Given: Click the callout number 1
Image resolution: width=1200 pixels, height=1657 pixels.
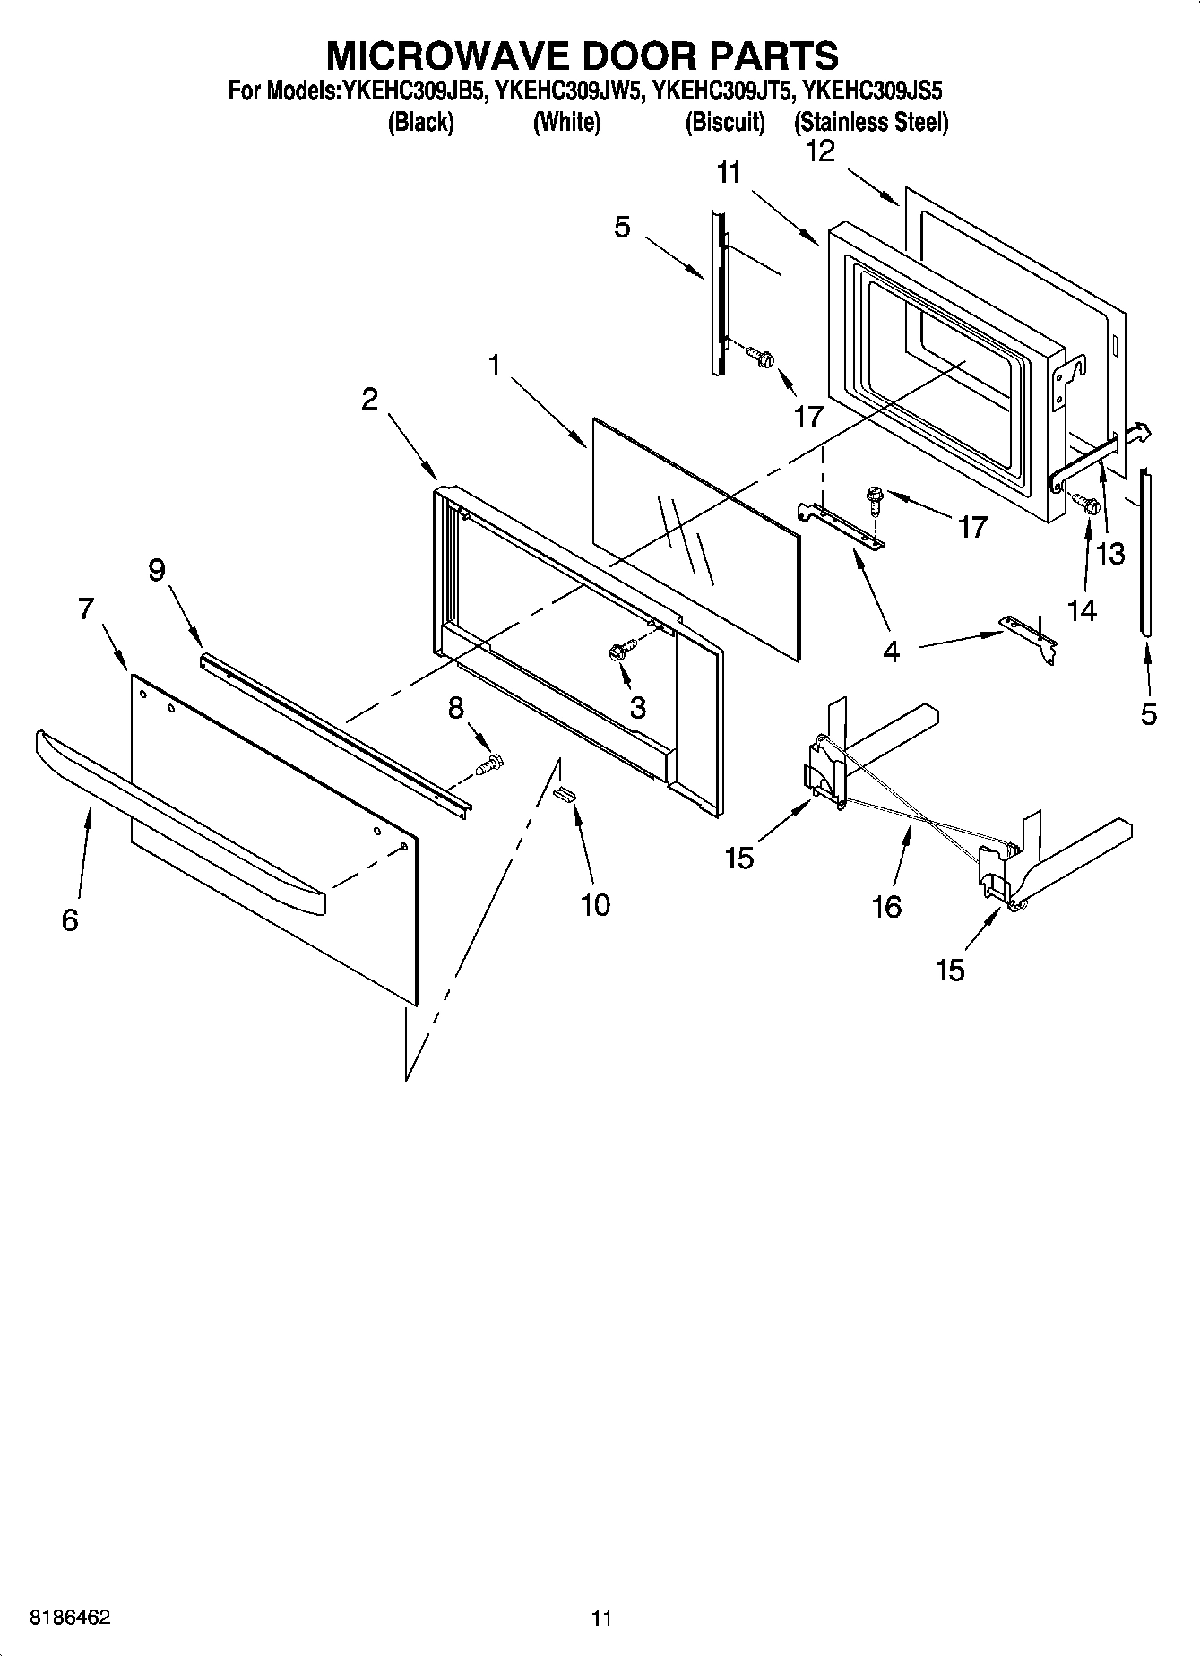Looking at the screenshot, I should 493,365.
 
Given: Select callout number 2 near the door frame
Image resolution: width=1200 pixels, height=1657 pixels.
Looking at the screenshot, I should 369,400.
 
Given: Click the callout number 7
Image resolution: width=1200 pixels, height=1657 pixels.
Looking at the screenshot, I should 85,608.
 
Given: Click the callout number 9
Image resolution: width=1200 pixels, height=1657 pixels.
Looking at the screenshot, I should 157,569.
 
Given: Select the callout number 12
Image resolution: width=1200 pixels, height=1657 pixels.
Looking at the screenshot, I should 820,151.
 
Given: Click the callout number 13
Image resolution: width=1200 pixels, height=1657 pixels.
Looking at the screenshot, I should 1110,554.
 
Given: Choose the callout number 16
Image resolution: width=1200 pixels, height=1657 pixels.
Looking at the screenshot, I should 886,907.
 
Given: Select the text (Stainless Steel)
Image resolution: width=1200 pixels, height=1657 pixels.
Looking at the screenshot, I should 870,123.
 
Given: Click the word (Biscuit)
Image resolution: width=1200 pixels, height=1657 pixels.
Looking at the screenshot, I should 725,123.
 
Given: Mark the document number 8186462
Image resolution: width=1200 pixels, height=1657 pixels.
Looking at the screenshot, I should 70,1618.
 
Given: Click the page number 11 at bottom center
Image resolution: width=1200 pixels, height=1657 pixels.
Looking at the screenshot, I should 600,1618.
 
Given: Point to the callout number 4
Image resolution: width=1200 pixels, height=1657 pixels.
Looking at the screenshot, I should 890,652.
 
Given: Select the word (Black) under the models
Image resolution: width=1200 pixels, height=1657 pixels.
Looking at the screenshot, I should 420,123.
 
